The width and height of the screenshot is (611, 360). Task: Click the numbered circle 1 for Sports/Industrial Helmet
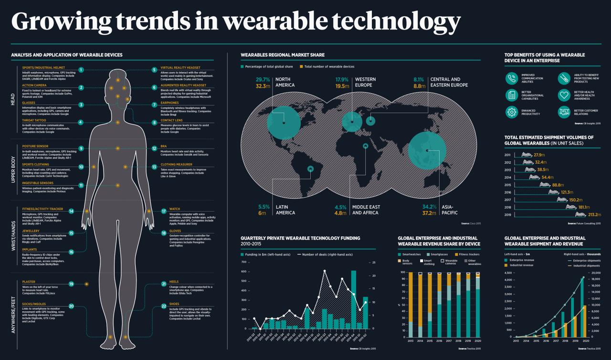click(81, 70)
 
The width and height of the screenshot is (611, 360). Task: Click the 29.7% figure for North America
click(263, 79)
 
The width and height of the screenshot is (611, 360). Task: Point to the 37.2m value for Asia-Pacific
click(430, 213)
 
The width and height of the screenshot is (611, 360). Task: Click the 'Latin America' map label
click(285, 210)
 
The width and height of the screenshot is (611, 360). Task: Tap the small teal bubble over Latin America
click(311, 168)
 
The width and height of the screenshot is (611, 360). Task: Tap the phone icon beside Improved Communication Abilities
click(512, 78)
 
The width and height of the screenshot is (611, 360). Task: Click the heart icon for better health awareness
click(565, 95)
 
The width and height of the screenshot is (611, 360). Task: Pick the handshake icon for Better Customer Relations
click(565, 112)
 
